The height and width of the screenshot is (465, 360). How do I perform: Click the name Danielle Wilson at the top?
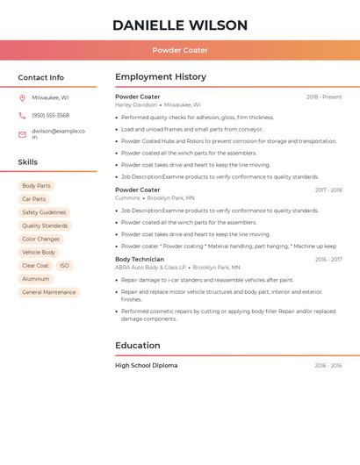(x=180, y=25)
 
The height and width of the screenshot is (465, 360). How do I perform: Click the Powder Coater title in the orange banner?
(x=180, y=50)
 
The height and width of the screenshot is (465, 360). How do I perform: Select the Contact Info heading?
(x=41, y=77)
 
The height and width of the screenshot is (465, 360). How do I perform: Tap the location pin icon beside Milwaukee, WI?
(x=22, y=97)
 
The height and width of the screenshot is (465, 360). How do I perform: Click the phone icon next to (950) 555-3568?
(x=22, y=115)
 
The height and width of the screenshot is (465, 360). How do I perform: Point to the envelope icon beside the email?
(x=22, y=134)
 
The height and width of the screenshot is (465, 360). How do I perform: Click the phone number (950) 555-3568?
(x=51, y=115)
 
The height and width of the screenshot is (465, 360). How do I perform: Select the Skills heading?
(x=28, y=162)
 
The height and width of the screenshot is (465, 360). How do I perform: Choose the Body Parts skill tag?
(x=37, y=186)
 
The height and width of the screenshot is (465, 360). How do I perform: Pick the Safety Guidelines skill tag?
(x=44, y=212)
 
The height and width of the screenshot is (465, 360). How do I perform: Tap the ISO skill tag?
(x=64, y=266)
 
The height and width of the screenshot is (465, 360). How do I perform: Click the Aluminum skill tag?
(x=36, y=279)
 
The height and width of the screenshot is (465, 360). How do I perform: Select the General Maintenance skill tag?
(x=49, y=292)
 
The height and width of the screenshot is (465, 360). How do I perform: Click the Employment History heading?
(x=161, y=77)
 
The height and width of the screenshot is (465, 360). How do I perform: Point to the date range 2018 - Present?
(x=324, y=97)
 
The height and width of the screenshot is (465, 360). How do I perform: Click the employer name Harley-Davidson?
(x=136, y=104)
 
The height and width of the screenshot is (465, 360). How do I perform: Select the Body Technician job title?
(x=140, y=260)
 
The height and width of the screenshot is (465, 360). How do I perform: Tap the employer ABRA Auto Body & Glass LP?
(x=151, y=268)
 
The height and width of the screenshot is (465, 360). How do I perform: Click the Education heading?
(x=141, y=346)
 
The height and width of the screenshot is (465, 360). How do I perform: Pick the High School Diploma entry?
(x=146, y=365)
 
